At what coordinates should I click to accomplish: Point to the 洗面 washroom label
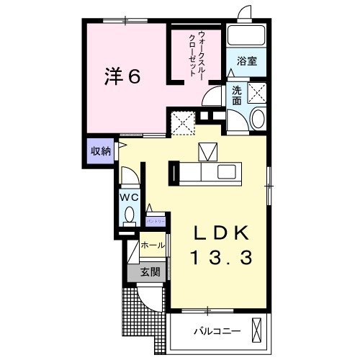(x=236, y=96)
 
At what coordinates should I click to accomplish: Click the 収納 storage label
(x=101, y=151)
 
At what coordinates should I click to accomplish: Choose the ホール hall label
(x=153, y=246)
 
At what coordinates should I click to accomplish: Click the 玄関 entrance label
(x=149, y=272)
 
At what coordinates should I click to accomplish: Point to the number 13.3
(x=222, y=257)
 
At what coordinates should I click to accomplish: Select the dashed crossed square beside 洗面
(x=257, y=92)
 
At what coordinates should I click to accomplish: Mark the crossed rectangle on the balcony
(x=257, y=330)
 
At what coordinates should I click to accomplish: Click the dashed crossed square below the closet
(x=184, y=123)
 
